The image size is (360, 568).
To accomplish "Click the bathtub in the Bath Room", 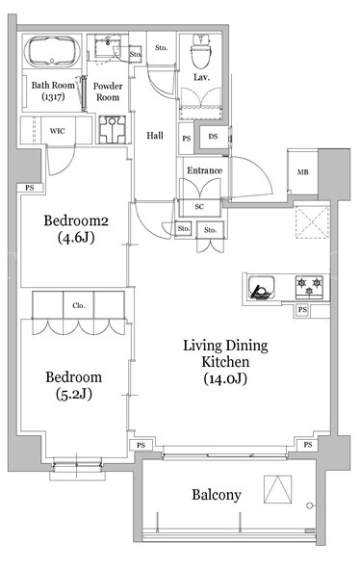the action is (x=53, y=51).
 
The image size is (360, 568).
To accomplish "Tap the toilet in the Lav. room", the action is (x=200, y=51).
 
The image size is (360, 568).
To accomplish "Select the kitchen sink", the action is (x=261, y=288).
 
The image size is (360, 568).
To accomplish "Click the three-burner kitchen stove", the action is (x=309, y=286).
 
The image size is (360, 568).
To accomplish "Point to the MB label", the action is (x=303, y=172).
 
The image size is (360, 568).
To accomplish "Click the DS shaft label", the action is (x=213, y=137).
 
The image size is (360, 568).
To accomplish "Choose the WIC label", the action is (x=57, y=130).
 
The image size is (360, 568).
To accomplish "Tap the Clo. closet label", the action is (x=79, y=305).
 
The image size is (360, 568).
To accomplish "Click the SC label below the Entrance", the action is (x=199, y=206).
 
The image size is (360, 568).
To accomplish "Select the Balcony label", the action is (x=217, y=495).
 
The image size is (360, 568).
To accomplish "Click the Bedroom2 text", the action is (x=76, y=220).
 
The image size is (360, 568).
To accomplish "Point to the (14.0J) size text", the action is (x=225, y=378).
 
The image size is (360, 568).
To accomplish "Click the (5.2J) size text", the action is (x=74, y=394).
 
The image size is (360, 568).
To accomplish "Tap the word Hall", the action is (x=155, y=136).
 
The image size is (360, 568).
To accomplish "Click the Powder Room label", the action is (x=108, y=91).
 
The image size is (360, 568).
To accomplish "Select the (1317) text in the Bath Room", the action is (x=53, y=96).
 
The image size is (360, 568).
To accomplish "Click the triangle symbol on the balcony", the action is (x=278, y=489).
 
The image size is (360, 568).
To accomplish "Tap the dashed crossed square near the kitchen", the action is (x=313, y=222).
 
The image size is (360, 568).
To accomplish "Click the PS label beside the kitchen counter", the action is (x=302, y=310).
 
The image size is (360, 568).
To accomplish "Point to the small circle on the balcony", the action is (x=309, y=505).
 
